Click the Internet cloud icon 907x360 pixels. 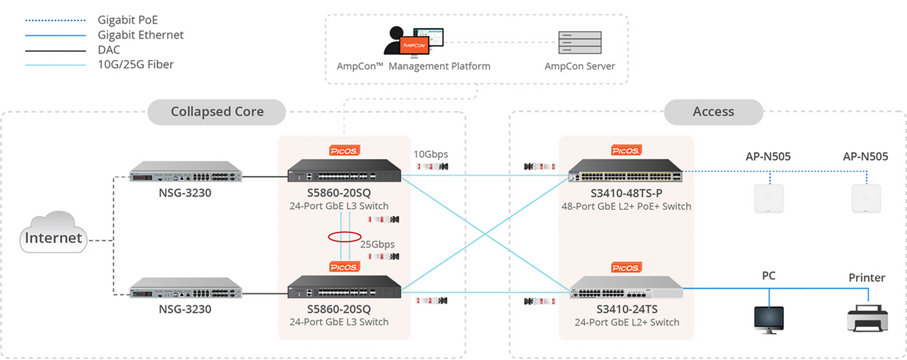coord(53,232)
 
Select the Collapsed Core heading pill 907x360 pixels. coord(217,112)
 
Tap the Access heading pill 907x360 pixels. coord(713,112)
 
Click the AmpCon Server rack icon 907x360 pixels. coord(579,43)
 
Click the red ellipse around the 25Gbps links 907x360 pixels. coord(344,236)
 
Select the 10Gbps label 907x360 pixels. coord(430,154)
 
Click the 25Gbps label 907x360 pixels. coord(377,244)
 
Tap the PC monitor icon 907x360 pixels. coord(769,319)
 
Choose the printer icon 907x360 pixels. coord(867,318)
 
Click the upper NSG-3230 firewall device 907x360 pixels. coord(185,172)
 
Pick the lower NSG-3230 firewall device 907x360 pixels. coord(185,288)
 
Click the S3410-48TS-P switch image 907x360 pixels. coord(625,171)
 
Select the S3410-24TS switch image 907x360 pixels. coord(626,287)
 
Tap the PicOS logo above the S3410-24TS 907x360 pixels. coord(626,268)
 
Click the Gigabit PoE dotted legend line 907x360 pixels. coord(55,20)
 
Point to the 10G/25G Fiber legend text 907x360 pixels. coord(135,65)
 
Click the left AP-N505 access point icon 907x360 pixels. coord(769,198)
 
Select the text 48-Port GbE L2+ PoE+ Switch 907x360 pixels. coord(626,206)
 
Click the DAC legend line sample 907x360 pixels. coord(55,50)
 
